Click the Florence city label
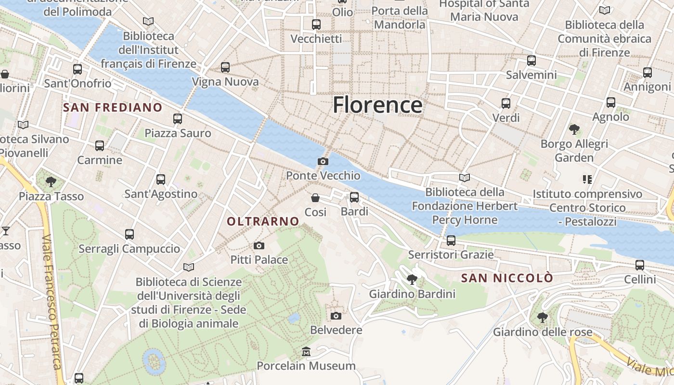pyautogui.click(x=377, y=105)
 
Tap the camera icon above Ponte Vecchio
pyautogui.click(x=323, y=161)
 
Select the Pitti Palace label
pyautogui.click(x=259, y=260)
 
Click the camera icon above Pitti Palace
pyautogui.click(x=259, y=245)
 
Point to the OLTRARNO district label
pyautogui.click(x=263, y=221)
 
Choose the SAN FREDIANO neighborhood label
pyautogui.click(x=113, y=107)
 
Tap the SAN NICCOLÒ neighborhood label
pyautogui.click(x=507, y=278)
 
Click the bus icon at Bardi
pyautogui.click(x=354, y=197)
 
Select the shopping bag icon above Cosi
pyautogui.click(x=315, y=198)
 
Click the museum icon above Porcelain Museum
pyautogui.click(x=306, y=352)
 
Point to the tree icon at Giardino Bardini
pyautogui.click(x=412, y=279)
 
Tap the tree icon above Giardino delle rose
pyautogui.click(x=542, y=317)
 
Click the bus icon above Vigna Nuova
pyautogui.click(x=225, y=67)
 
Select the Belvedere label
pyautogui.click(x=336, y=330)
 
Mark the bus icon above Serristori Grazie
pyautogui.click(x=451, y=240)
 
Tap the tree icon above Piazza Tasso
pyautogui.click(x=51, y=181)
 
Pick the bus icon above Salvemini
pyautogui.click(x=531, y=61)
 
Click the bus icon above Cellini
pyautogui.click(x=640, y=265)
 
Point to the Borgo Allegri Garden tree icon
pyautogui.click(x=574, y=129)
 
